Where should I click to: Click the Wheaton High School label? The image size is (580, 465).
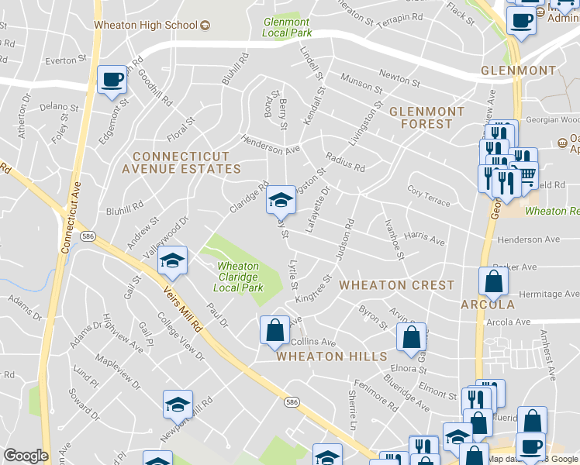(x=146, y=25)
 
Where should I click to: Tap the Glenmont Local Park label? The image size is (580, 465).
(x=286, y=27)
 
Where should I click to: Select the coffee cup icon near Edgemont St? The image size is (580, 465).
(x=113, y=81)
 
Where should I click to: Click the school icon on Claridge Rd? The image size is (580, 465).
(x=281, y=201)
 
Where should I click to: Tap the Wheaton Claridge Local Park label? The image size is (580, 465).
(x=238, y=277)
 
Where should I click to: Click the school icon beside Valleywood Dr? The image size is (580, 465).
(x=173, y=261)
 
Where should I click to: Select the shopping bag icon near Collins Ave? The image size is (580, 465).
(x=274, y=331)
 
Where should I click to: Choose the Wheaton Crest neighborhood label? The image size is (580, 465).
(x=397, y=284)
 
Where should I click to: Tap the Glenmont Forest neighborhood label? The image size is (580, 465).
(x=426, y=117)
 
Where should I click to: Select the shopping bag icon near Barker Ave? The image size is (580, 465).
(x=494, y=284)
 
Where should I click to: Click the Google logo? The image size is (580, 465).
(x=26, y=456)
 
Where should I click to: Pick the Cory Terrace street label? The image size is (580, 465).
(x=428, y=196)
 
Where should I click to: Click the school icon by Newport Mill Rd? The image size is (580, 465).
(x=178, y=405)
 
